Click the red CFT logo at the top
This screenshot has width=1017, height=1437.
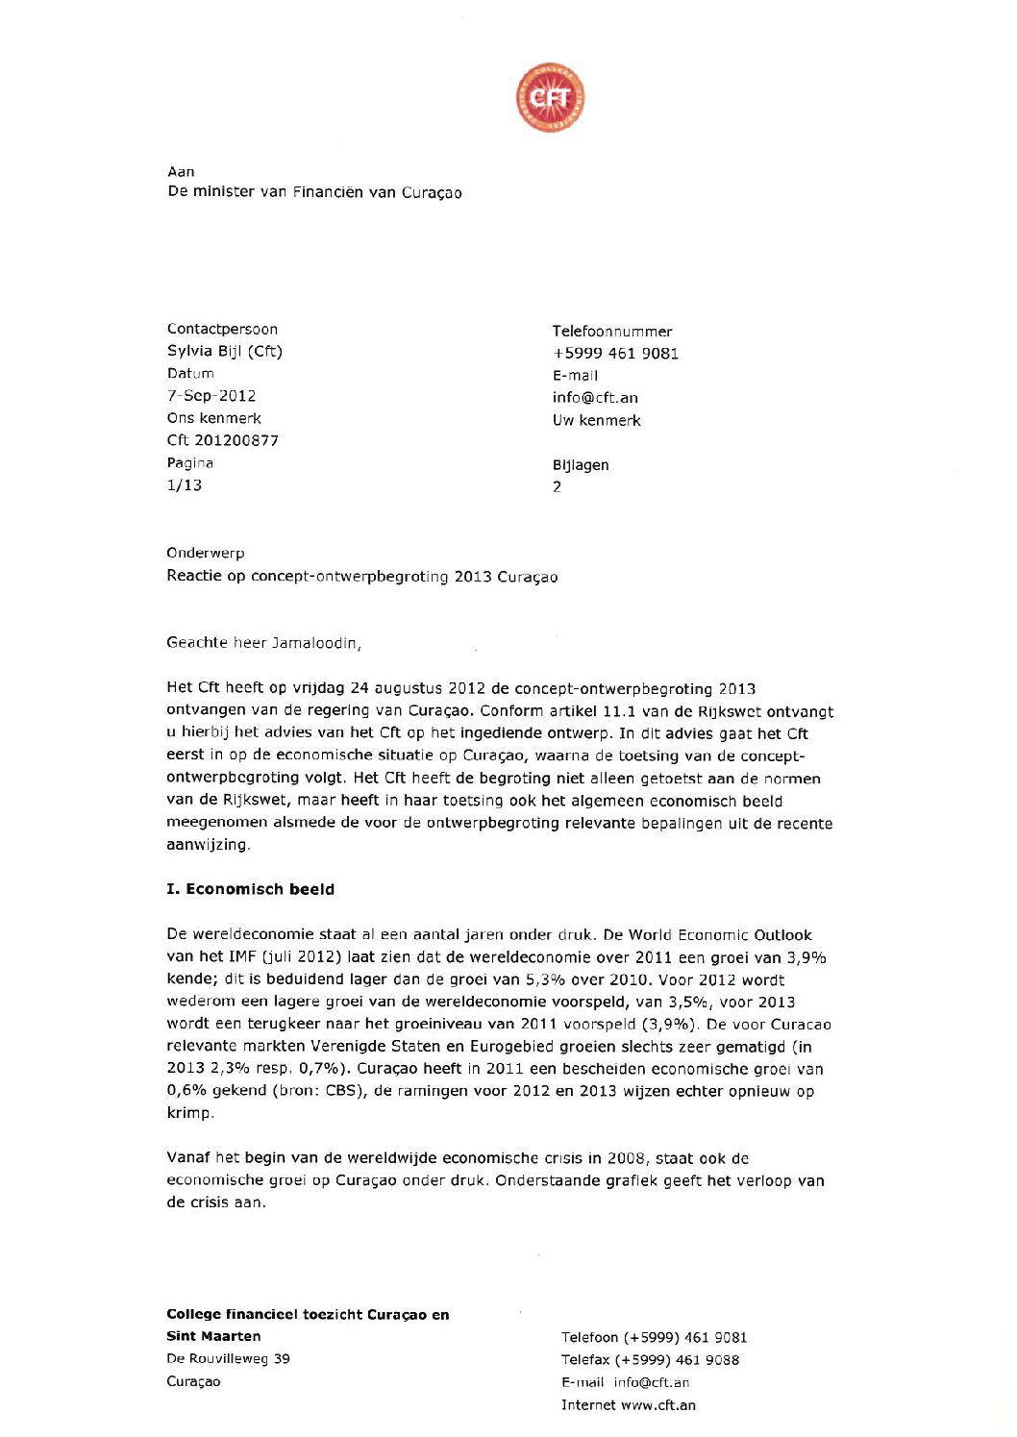pos(550,98)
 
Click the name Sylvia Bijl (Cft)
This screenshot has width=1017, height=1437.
pos(224,351)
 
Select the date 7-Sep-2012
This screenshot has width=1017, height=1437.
pos(211,395)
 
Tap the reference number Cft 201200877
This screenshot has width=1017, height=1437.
pos(222,440)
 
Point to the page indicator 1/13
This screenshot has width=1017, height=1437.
pos(184,484)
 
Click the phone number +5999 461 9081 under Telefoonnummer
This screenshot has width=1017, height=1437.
pos(615,353)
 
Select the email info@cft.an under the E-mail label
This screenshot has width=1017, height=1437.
pos(595,397)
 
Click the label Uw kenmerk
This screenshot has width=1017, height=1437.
pos(596,420)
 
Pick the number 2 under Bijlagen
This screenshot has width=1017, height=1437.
pos(557,486)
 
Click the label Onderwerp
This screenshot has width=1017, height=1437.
pos(205,553)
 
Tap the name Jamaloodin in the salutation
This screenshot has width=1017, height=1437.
pos(315,642)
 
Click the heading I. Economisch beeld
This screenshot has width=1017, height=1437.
pos(250,889)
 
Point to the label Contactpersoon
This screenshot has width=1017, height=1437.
pos(222,329)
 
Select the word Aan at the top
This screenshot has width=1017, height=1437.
pos(181,171)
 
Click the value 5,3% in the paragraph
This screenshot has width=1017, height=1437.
pos(545,979)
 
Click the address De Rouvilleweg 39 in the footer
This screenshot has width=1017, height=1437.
pos(228,1358)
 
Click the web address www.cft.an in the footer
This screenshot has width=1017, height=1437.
pos(657,1404)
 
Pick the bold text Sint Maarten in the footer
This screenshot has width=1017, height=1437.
pos(213,1336)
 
